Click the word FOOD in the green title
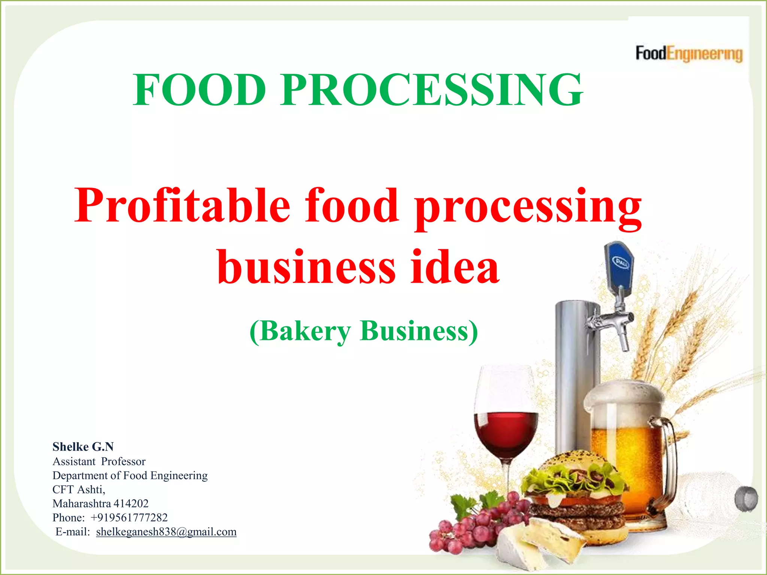199,90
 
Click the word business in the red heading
306,267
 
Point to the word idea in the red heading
455,267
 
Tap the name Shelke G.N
83,447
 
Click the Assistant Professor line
99,461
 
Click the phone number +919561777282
129,518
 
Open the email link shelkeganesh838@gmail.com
166,532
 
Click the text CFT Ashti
78,490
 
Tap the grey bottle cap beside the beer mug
746,499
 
